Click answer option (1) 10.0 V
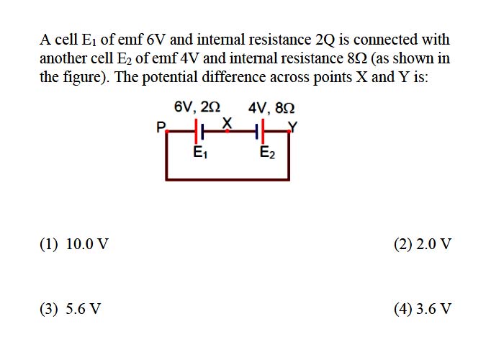(x=74, y=244)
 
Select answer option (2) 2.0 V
(x=423, y=244)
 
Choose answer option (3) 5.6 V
(x=71, y=309)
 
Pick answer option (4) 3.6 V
(x=423, y=309)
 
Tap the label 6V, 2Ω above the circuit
(x=197, y=107)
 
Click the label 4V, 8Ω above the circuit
(x=271, y=108)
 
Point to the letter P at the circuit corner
(x=161, y=127)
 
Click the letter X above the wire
(x=227, y=122)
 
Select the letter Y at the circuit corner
(x=293, y=127)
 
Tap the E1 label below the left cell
(x=200, y=152)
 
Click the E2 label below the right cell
(x=267, y=153)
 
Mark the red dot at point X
(x=227, y=131)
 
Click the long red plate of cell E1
(x=196, y=131)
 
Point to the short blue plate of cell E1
(x=202, y=132)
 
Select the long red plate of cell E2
(x=263, y=131)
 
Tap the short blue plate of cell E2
(x=257, y=132)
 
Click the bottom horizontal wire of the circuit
(x=228, y=179)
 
